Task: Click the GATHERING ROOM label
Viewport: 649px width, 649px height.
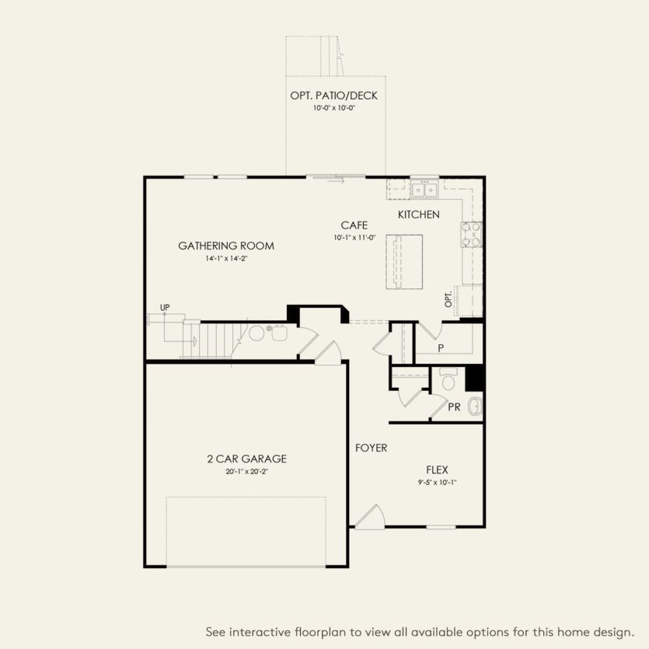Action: coord(226,246)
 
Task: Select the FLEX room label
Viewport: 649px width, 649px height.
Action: coord(437,469)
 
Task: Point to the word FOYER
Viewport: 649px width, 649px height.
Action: coord(371,448)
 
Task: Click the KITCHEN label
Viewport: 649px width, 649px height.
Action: coord(419,215)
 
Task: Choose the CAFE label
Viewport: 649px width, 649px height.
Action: coord(354,225)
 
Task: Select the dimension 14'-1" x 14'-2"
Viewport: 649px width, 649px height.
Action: coord(226,258)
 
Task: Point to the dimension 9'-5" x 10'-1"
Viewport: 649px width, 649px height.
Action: coord(437,482)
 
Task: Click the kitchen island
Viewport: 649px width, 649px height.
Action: coord(403,261)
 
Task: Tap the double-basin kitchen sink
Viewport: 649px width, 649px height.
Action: coord(424,189)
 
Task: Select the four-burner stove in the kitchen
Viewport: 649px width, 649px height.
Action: coord(472,234)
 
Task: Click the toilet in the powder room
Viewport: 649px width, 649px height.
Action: coord(448,381)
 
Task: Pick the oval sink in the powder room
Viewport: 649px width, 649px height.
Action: coord(476,406)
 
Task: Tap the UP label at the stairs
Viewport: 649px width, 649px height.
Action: coord(165,308)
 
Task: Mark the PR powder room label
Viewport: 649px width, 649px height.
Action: coord(454,407)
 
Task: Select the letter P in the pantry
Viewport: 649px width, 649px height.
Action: coord(441,348)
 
